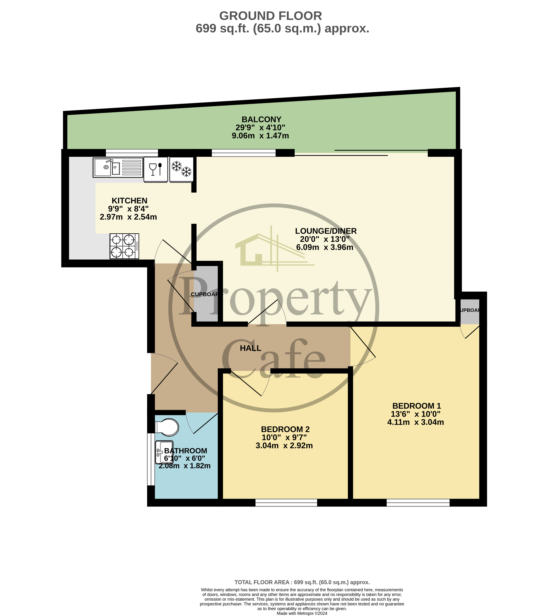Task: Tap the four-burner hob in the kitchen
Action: click(x=124, y=246)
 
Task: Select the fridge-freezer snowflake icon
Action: click(x=181, y=169)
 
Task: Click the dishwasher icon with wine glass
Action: click(x=156, y=169)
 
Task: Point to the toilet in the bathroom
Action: click(x=167, y=427)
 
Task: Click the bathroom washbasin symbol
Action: click(x=164, y=452)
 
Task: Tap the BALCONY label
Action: click(x=261, y=120)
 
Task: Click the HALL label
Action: click(x=251, y=348)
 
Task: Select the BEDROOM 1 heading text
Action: click(x=417, y=406)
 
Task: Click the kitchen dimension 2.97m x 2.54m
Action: click(x=128, y=217)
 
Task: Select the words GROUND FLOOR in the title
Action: click(x=270, y=16)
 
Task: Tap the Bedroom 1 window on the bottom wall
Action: click(x=418, y=503)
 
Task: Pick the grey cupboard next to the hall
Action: click(x=206, y=294)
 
